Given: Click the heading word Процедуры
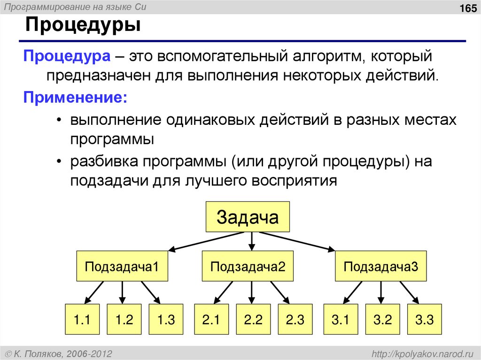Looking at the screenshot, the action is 83,25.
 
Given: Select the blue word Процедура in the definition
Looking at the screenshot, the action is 67,57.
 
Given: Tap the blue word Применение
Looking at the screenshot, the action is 75,98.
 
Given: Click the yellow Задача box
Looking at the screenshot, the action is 248,217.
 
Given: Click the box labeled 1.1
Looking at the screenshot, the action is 81,321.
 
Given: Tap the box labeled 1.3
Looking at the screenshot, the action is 166,321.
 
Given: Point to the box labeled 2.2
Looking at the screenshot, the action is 253,321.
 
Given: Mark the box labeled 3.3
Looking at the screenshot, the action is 424,321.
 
